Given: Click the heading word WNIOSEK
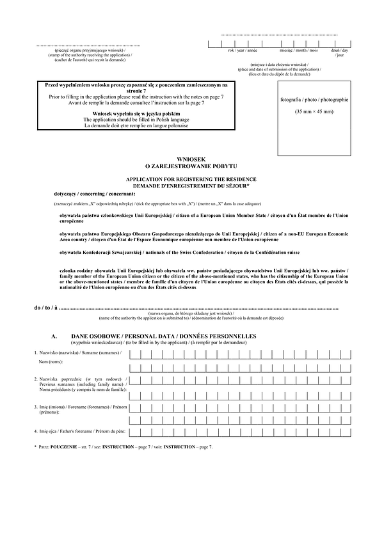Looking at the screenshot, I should tap(192, 159).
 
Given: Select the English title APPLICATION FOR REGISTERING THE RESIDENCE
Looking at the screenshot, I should tap(192, 180).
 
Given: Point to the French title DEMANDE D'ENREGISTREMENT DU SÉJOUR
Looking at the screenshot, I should tap(192, 186).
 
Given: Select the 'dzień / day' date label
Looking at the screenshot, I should tap(339, 50).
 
